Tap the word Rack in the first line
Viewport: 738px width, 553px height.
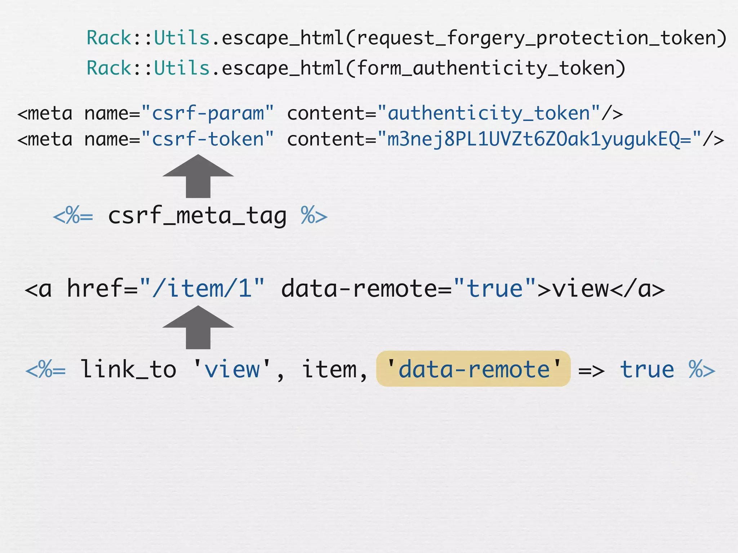109,38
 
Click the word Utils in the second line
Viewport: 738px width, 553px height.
182,68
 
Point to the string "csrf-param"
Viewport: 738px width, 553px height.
208,114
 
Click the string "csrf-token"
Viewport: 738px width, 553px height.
208,140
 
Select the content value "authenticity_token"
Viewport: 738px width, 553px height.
489,114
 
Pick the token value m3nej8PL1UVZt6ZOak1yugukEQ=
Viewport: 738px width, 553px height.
539,140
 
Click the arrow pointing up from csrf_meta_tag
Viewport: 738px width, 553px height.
198,176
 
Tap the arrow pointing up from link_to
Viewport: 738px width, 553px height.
198,327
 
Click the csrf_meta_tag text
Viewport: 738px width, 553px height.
197,216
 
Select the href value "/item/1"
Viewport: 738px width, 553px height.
202,289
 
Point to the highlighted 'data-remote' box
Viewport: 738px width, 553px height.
473,369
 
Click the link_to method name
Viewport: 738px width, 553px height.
128,370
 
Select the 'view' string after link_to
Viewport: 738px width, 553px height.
232,370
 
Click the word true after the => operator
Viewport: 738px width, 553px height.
647,370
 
